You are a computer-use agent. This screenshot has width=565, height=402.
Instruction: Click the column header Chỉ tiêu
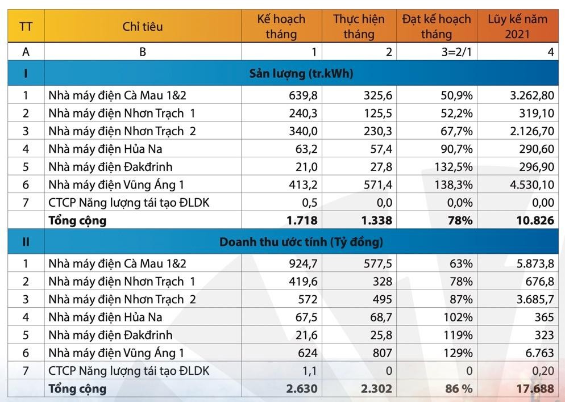(x=142, y=27)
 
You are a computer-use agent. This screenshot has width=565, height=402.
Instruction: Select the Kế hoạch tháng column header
(x=281, y=27)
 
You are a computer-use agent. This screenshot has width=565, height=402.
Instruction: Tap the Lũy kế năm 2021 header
(x=517, y=27)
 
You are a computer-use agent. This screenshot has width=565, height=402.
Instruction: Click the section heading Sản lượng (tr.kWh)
(x=301, y=74)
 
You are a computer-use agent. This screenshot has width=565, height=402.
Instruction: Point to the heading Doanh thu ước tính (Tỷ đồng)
(x=301, y=242)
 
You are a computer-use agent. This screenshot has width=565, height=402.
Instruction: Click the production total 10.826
(x=534, y=220)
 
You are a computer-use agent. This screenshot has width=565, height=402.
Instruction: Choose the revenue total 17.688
(x=534, y=389)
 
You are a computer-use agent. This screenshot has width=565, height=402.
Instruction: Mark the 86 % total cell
(x=458, y=389)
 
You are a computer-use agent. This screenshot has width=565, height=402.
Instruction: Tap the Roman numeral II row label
(x=26, y=242)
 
